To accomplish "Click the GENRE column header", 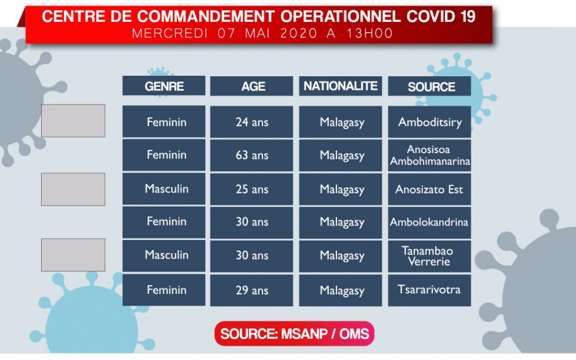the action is (164, 85).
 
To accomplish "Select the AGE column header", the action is (252, 86).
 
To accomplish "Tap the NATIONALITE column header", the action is (340, 86).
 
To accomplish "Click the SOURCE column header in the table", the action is (429, 86).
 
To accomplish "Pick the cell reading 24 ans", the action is (252, 122).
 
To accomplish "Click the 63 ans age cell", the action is (252, 155).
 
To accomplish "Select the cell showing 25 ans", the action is (252, 189).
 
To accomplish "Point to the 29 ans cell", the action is (252, 290).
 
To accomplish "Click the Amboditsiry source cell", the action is (429, 122).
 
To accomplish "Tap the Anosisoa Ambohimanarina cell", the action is (429, 155).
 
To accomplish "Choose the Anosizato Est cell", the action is (429, 189).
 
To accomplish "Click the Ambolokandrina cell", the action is (429, 222).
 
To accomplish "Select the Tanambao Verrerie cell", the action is (429, 256).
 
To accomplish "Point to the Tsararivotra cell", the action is (429, 290).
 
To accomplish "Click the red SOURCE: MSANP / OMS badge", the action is (294, 333).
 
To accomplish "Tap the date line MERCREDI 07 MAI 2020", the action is (225, 34).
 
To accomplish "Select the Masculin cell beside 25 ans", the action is (164, 189).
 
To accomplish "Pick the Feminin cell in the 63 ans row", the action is (164, 155).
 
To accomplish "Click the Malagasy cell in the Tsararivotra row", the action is (340, 290).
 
